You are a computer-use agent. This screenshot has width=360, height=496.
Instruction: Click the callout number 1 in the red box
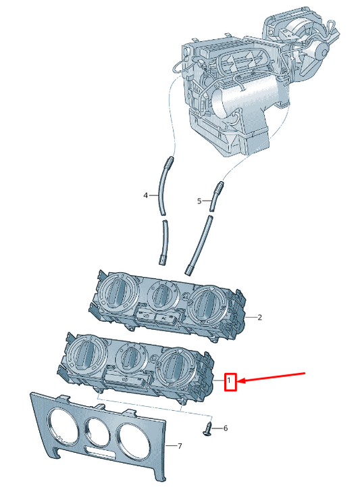click(230, 381)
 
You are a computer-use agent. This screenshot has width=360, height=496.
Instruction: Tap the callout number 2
click(259, 318)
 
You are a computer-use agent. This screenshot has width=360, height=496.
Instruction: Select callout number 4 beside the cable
click(145, 195)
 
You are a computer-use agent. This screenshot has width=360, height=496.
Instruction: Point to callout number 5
click(199, 201)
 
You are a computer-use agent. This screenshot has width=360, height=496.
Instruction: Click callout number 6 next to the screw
click(226, 428)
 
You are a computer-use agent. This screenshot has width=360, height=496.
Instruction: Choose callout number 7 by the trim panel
click(180, 446)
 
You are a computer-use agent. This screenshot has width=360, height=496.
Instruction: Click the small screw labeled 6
click(207, 428)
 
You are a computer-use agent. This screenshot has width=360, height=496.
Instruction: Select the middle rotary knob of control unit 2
click(161, 296)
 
